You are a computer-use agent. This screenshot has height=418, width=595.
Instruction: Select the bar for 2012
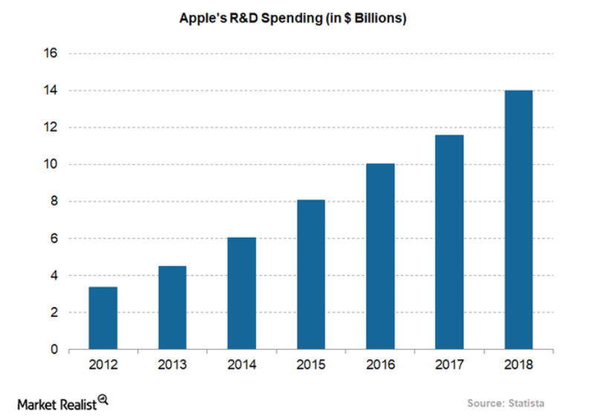click(x=103, y=318)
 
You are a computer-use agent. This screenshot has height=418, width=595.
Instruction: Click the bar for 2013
click(x=172, y=307)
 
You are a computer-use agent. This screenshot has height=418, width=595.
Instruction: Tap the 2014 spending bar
click(x=241, y=293)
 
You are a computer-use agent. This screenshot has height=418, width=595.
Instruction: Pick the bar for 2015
click(x=310, y=274)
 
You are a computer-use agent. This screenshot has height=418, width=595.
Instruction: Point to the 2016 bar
click(x=380, y=256)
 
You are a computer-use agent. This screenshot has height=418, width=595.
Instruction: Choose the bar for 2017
click(x=449, y=242)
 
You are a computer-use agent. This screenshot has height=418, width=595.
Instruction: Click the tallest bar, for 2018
click(x=518, y=219)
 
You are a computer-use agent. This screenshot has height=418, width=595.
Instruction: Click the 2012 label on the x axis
click(x=103, y=364)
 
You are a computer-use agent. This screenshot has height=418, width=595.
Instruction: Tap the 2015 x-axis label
click(x=310, y=364)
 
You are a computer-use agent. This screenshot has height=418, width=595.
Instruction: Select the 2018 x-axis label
click(x=518, y=364)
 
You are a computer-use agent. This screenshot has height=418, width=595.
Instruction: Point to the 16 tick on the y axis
click(x=51, y=54)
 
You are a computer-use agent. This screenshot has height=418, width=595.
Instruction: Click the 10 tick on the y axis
click(x=51, y=164)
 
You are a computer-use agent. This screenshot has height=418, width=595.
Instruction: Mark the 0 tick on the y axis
click(x=54, y=350)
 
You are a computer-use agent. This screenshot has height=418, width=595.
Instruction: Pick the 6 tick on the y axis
click(x=54, y=239)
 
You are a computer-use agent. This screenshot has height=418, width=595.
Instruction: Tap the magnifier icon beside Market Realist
click(x=103, y=399)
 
